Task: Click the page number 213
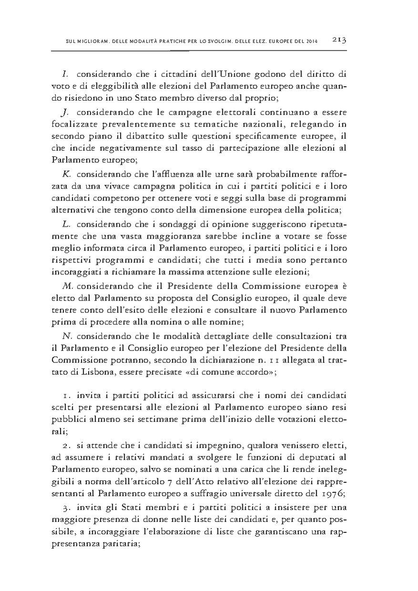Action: click(x=339, y=41)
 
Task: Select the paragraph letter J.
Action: click(x=65, y=113)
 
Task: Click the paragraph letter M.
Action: click(x=66, y=286)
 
